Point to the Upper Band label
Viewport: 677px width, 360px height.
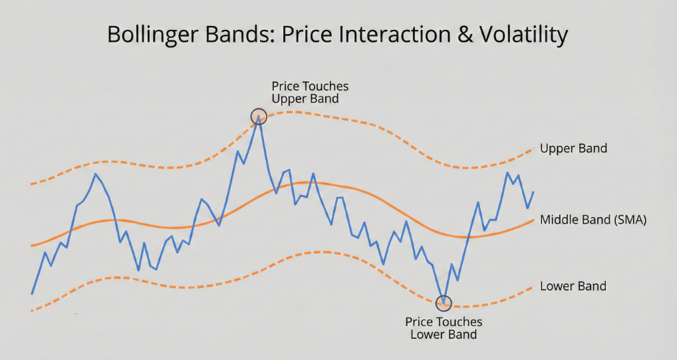point(573,148)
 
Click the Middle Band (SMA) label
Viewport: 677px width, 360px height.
point(593,220)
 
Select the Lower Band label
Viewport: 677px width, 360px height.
point(573,286)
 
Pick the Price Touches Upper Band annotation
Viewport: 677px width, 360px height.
point(310,92)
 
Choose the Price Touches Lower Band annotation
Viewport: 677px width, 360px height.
point(444,328)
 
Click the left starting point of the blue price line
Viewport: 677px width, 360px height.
point(32,294)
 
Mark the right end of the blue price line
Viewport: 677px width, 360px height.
point(533,192)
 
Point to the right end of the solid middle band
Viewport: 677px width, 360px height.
point(533,220)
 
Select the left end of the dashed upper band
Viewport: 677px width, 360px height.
point(31,184)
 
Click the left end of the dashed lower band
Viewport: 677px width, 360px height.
point(32,311)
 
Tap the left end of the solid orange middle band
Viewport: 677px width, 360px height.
point(31,246)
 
